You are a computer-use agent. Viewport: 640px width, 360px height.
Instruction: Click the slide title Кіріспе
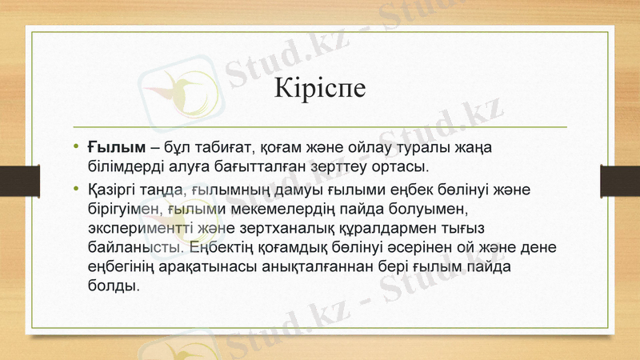(319, 87)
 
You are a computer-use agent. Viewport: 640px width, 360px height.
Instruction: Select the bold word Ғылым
(116, 148)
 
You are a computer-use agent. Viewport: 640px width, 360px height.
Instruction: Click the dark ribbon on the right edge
(619, 178)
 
